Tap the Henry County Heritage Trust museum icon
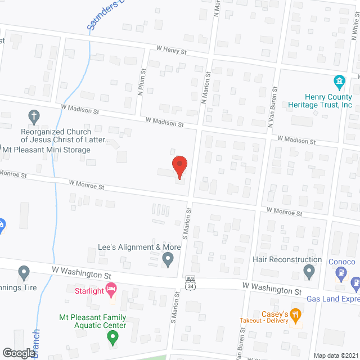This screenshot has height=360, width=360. [339, 83]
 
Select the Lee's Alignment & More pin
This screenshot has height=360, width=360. [168, 259]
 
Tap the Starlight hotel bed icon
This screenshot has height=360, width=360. [111, 290]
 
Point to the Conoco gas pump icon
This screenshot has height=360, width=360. [341, 274]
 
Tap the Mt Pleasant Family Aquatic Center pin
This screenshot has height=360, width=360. [112, 338]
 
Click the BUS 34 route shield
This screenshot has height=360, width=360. [191, 283]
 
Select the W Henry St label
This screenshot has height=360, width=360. [172, 51]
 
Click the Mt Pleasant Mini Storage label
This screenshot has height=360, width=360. [47, 150]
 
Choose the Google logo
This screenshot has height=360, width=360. [18, 353]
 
